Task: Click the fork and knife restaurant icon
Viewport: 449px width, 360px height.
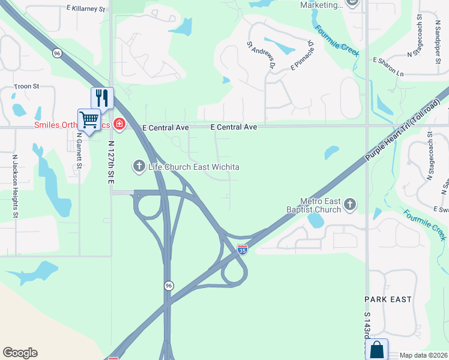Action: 102,98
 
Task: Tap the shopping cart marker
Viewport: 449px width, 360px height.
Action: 89,119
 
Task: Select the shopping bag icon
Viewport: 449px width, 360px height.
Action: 377,350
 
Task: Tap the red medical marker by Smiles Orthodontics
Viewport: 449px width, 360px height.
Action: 119,124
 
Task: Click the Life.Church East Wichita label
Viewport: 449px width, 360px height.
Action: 193,166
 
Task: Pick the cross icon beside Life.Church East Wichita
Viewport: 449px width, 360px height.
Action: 139,166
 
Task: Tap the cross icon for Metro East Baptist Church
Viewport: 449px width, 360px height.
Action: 349,205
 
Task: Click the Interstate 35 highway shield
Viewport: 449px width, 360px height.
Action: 243,250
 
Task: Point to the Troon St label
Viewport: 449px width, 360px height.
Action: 26,86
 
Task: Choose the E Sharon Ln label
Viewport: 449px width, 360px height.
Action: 388,65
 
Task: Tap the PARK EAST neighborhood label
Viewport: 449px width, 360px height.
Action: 388,299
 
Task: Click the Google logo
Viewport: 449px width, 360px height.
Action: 20,353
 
